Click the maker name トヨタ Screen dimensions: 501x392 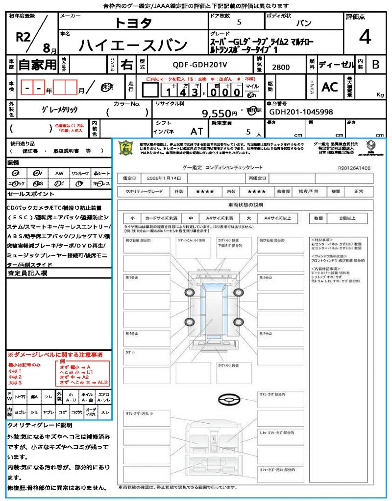133,23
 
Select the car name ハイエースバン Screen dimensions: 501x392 133,46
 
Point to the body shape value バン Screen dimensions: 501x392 304,23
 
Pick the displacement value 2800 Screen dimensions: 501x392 281,67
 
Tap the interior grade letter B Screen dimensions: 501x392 375,64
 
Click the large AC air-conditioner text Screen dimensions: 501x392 330,87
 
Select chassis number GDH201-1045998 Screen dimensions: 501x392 300,112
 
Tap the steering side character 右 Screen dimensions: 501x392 127,64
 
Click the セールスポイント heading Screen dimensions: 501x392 26,194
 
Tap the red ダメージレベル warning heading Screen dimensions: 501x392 55,354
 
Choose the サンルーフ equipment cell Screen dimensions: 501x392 80,173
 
